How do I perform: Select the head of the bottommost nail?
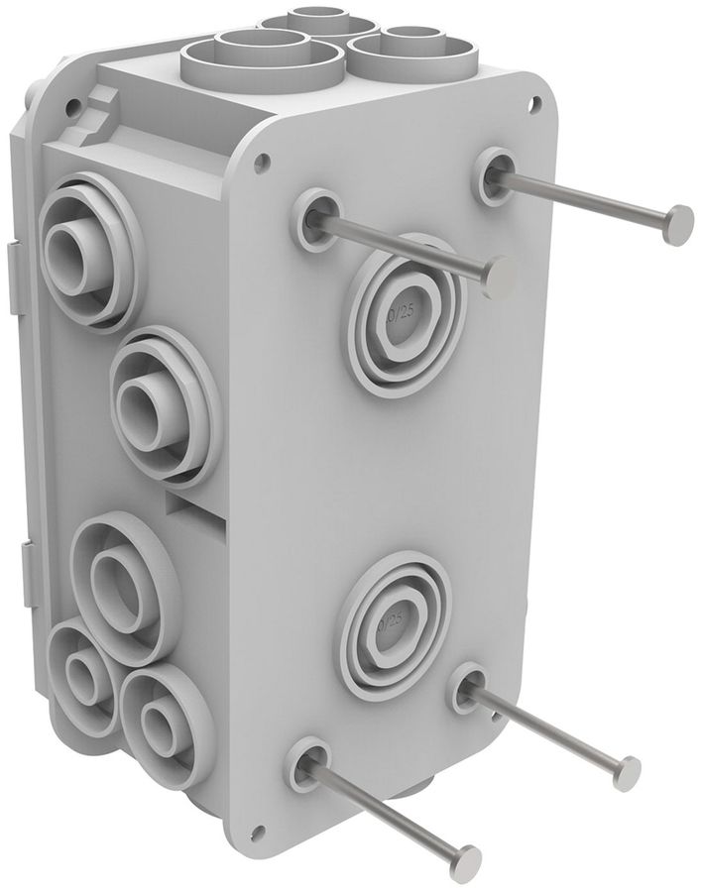point(464,861)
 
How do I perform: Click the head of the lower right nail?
point(626,772)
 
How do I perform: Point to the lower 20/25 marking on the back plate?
point(394,622)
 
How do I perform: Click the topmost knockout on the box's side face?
point(77,254)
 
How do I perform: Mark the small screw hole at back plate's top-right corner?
point(535,100)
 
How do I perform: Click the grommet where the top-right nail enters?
point(494,174)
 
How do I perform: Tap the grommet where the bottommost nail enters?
point(308,761)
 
